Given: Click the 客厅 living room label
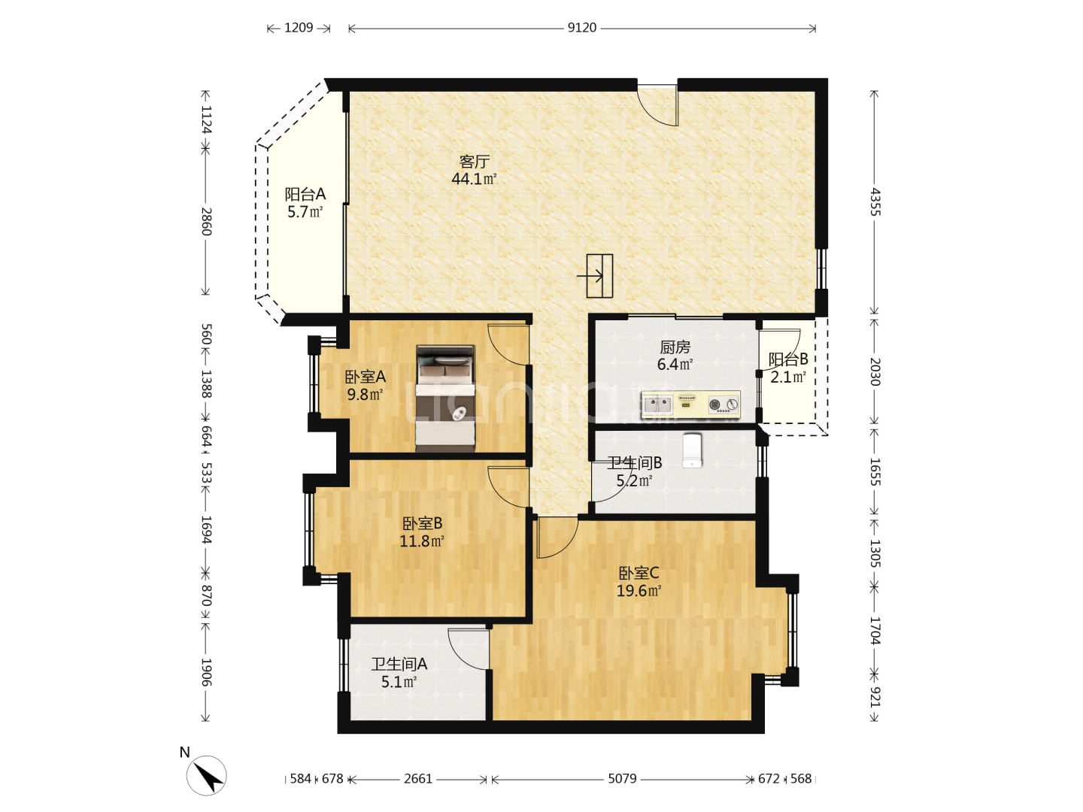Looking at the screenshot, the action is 474,161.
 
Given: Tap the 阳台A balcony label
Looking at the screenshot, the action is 305,194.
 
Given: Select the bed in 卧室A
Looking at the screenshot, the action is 445,398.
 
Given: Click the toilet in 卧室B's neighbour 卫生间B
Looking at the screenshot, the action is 692,450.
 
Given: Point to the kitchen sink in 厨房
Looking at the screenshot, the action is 657,404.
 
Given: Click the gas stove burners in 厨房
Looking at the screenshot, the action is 724,404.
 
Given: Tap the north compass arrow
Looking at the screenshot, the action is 208,776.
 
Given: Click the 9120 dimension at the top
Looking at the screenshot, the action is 581,28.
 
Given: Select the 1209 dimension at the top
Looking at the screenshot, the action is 299,28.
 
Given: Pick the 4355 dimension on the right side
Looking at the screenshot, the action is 875,201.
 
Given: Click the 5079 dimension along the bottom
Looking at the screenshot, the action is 622,778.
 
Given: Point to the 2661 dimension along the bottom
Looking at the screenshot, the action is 418,778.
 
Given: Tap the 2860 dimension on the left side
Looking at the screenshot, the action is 206,221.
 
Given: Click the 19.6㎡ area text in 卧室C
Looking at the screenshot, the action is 639,590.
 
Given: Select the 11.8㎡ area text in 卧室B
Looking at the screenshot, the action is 422,541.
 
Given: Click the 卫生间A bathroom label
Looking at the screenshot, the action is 399,664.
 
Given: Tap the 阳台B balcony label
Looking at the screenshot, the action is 788,359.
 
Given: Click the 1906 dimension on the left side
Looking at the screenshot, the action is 206,672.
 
